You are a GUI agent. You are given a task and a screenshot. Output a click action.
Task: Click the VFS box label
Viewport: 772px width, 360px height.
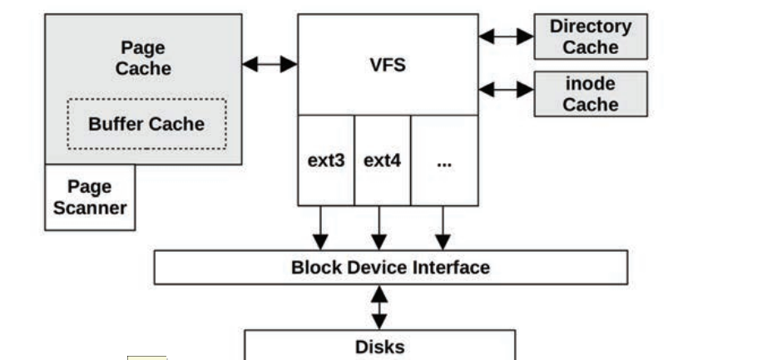click(x=388, y=65)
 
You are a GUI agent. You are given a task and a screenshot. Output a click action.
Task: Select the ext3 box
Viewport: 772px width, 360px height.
click(x=325, y=160)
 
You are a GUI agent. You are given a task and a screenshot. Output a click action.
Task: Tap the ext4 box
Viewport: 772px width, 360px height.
click(x=382, y=160)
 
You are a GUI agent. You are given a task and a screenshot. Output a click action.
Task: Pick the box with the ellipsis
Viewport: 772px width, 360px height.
click(x=444, y=160)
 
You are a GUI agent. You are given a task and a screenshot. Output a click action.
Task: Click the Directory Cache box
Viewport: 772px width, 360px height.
click(x=590, y=37)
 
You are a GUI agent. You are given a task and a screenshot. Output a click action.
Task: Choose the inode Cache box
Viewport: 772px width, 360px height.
click(x=590, y=93)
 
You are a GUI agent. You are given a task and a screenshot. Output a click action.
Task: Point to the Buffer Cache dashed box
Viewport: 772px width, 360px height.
click(x=146, y=124)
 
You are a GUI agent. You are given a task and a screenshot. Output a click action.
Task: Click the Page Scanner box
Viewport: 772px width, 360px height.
click(x=90, y=197)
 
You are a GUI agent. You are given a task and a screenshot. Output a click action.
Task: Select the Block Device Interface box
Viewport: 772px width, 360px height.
click(x=390, y=268)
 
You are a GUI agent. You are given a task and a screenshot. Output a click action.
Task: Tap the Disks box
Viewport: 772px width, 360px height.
click(x=379, y=345)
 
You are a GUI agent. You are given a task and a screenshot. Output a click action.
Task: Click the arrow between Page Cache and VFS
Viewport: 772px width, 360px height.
click(x=270, y=64)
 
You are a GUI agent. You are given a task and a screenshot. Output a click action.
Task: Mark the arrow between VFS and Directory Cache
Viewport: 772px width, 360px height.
click(x=506, y=37)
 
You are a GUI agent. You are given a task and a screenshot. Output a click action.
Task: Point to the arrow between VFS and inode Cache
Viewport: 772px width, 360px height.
click(x=506, y=89)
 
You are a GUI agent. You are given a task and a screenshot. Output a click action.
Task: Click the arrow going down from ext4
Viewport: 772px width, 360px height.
click(x=380, y=227)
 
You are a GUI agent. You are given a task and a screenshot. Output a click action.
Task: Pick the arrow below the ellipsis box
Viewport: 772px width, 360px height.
click(x=443, y=227)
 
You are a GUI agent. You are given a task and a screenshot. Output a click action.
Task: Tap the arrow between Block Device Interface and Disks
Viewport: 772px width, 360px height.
click(x=379, y=307)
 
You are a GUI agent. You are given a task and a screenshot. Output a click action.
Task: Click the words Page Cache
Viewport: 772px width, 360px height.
click(x=142, y=57)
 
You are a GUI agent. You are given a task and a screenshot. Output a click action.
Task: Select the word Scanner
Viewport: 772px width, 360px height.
click(x=90, y=207)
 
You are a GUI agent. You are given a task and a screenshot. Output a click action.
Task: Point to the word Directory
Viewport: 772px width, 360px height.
click(x=590, y=27)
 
